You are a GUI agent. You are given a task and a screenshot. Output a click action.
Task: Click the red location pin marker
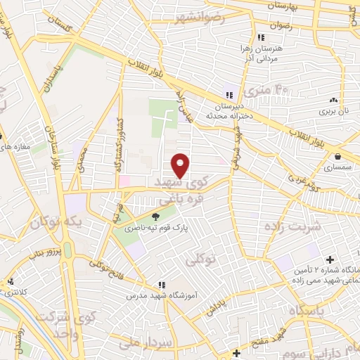tap(181, 165)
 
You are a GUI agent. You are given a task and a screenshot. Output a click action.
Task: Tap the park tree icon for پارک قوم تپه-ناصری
tap(155, 216)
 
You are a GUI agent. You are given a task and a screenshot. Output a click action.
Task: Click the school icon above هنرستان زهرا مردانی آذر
tap(261, 37)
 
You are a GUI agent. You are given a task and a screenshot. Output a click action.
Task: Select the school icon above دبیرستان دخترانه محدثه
tap(229, 95)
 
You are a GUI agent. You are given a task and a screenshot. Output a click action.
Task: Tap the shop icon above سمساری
tap(339, 156)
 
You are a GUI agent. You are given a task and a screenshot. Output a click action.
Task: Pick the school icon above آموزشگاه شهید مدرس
tap(162, 285)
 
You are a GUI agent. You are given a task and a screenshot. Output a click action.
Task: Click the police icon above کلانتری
tap(10, 283)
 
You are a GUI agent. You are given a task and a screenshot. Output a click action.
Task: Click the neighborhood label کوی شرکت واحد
tap(63, 320)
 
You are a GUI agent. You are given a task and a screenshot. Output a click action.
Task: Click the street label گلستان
tap(58, 25)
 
